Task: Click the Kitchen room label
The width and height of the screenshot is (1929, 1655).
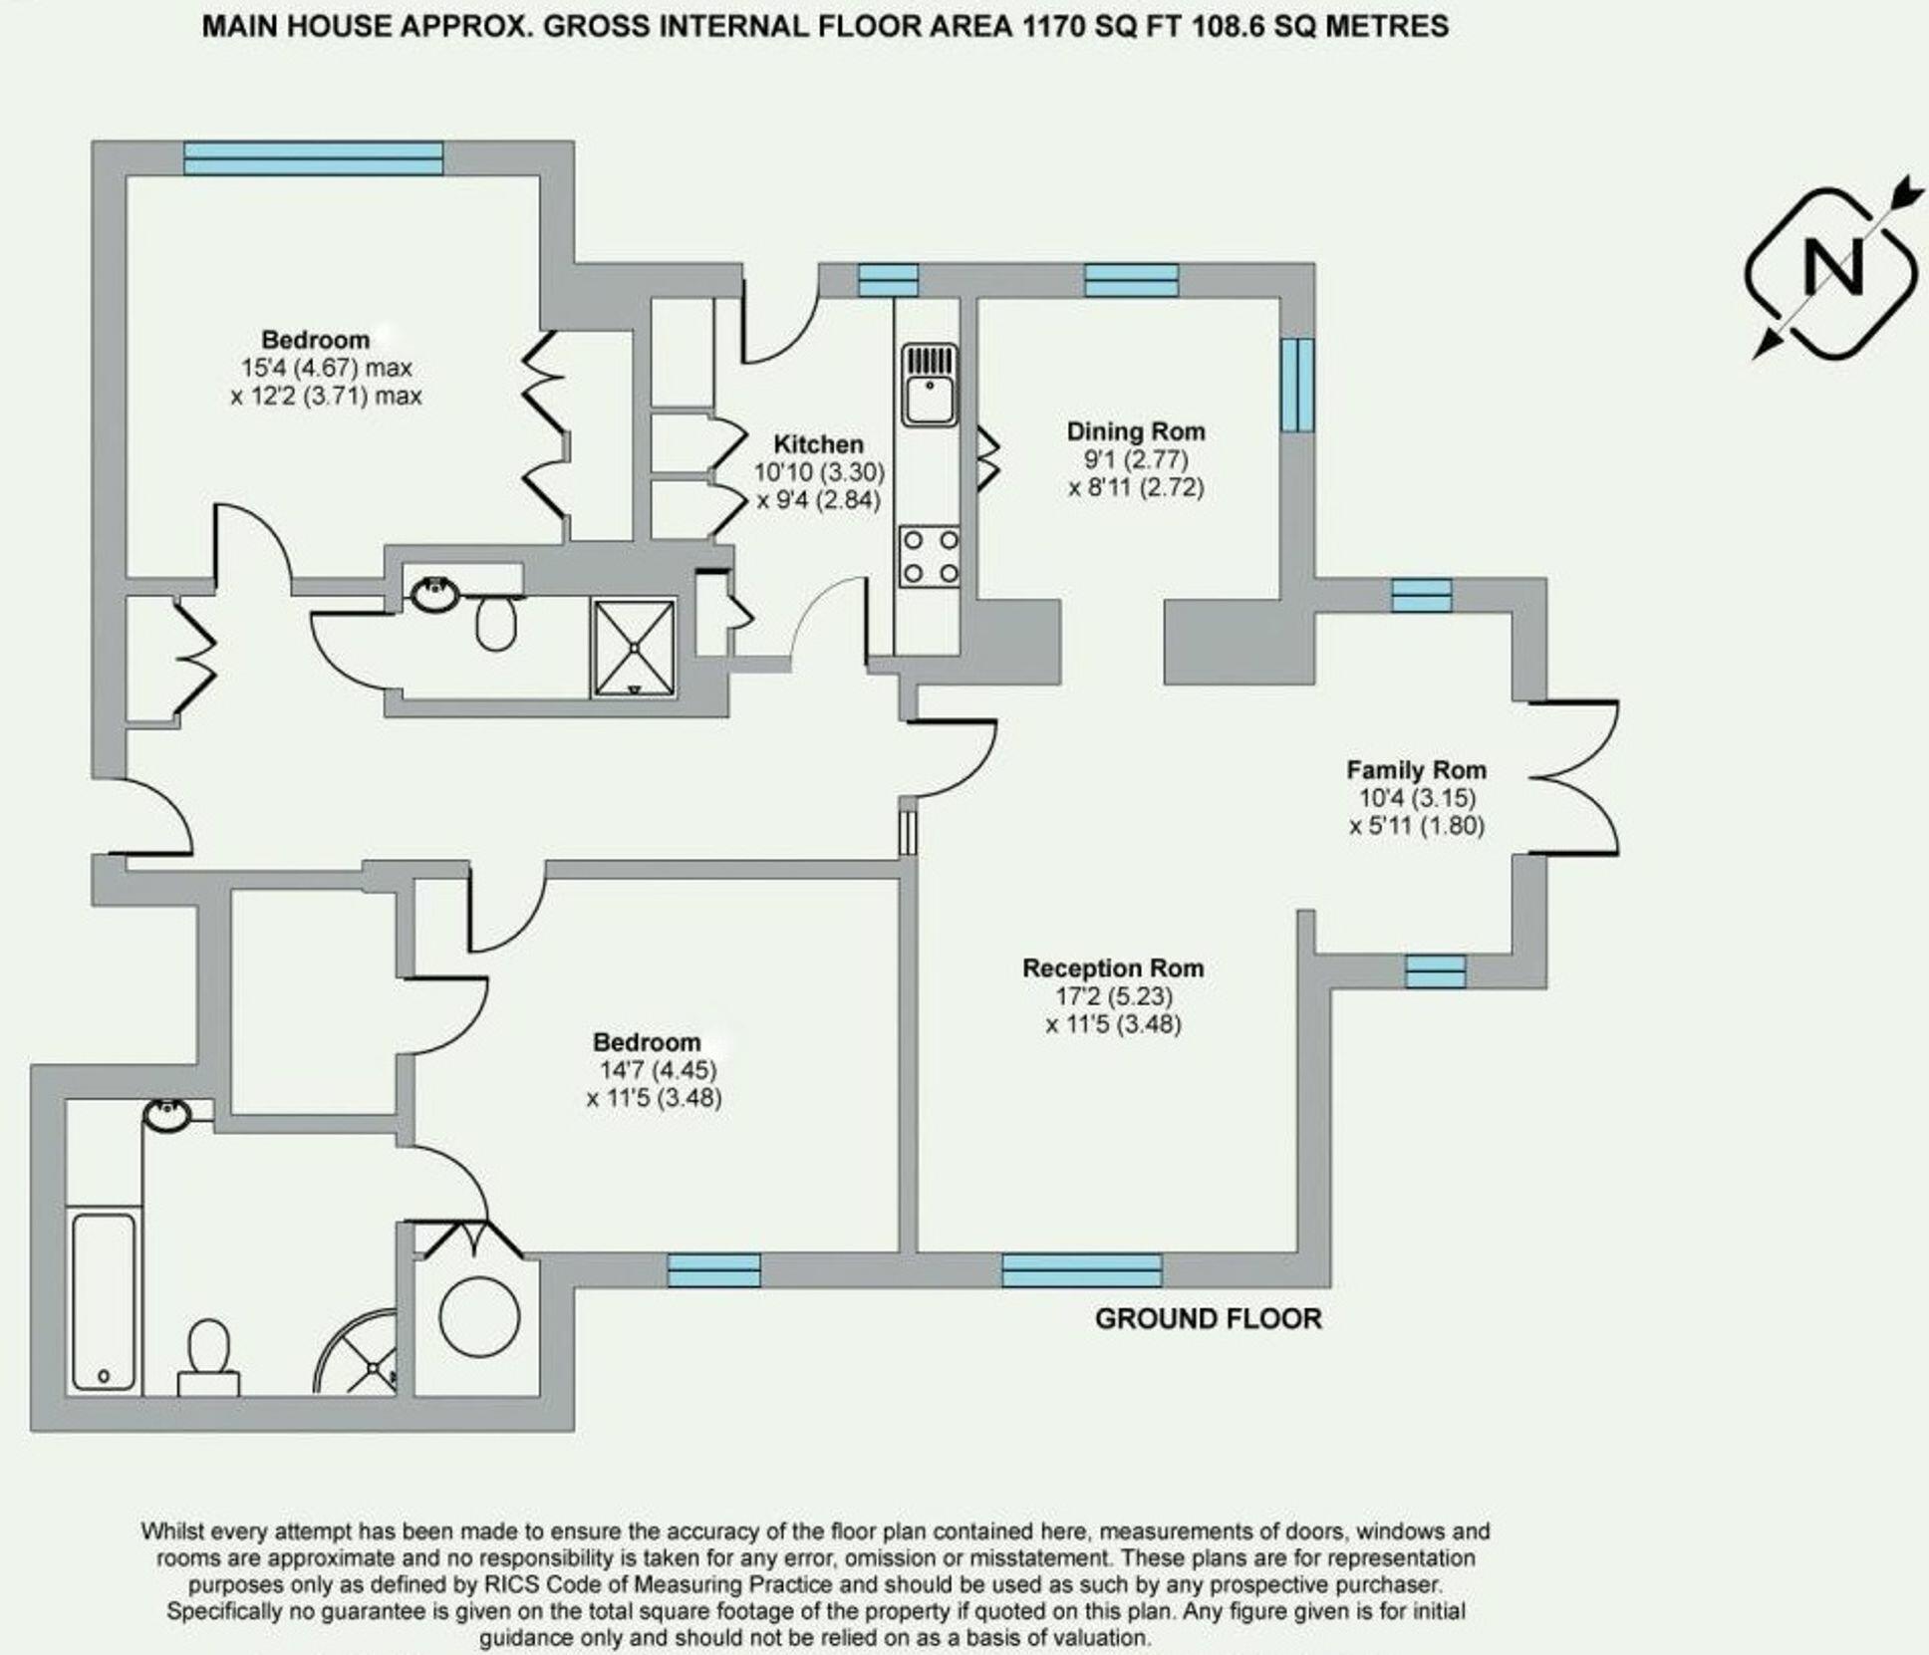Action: click(x=818, y=444)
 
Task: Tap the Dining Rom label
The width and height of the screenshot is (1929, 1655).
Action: click(x=1135, y=431)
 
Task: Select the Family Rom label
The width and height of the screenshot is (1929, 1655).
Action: click(x=1416, y=769)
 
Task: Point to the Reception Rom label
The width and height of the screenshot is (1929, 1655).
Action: click(x=1113, y=967)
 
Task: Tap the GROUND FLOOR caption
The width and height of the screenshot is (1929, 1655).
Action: click(x=1208, y=1318)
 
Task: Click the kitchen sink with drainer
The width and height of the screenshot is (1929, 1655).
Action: click(x=929, y=385)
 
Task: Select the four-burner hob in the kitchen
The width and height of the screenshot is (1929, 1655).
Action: click(x=929, y=557)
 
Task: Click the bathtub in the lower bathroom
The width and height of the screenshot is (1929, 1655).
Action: click(x=104, y=1300)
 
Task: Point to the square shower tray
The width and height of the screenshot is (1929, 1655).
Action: click(x=634, y=647)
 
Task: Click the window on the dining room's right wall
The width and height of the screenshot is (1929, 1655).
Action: click(x=1296, y=385)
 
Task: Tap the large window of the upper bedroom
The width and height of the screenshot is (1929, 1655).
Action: click(x=313, y=157)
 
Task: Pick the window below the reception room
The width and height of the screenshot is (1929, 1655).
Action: click(x=1081, y=1270)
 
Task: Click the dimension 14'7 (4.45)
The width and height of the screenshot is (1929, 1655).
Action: click(x=658, y=1070)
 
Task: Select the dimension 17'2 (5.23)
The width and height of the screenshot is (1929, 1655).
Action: click(x=1114, y=995)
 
